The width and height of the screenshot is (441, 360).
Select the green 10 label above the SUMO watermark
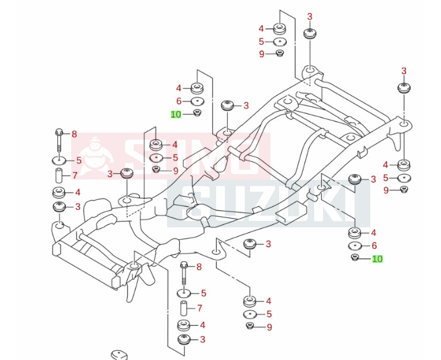[176, 115]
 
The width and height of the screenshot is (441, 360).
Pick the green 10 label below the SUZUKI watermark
[377, 259]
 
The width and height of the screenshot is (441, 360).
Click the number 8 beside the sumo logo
[74, 134]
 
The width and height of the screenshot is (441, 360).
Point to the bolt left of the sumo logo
[59, 140]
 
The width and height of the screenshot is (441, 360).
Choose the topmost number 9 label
[262, 54]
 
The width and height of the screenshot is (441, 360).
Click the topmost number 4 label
[262, 29]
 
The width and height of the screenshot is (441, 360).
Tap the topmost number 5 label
[262, 41]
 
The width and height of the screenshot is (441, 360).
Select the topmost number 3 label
[310, 16]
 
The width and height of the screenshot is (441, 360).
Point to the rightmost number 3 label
[404, 71]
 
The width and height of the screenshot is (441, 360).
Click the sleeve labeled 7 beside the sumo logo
[60, 175]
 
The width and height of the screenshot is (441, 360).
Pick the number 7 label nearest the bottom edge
[199, 308]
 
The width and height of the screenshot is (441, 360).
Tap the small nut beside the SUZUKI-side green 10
[355, 258]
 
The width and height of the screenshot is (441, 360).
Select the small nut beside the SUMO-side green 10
[197, 113]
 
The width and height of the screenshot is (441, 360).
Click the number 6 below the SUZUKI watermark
[374, 245]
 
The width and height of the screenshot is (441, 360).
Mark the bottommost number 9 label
[269, 327]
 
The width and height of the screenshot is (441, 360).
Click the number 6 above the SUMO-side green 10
[179, 101]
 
